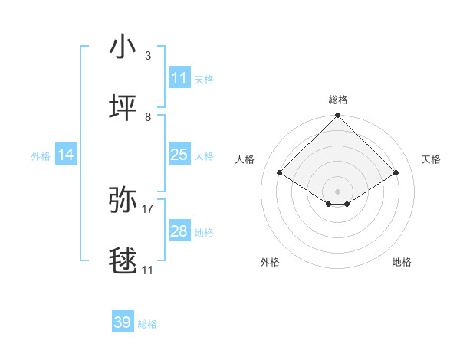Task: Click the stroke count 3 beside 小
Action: pos(148,56)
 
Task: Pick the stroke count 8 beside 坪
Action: pos(148,116)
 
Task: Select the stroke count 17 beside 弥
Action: pos(148,208)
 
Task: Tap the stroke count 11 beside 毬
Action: pos(148,270)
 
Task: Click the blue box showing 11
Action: pos(179,77)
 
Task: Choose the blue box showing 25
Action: pos(179,155)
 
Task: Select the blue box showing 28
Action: pos(179,231)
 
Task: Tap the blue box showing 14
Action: pos(66,155)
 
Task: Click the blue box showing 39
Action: pos(122,322)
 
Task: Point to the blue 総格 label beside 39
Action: pos(147,324)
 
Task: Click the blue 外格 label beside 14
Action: pos(41,156)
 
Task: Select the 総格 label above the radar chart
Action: pos(338,100)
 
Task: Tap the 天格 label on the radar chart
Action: pos(431,159)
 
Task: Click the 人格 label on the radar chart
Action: pos(245,159)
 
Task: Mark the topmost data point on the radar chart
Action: pos(337,116)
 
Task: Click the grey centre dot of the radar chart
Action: pos(337,191)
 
